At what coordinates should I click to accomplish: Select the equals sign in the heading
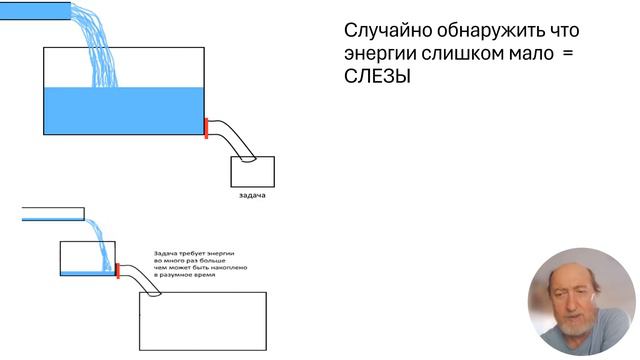568,55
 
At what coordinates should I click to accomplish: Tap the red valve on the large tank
206,128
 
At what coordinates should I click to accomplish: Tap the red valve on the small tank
118,270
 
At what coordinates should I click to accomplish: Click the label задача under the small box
252,195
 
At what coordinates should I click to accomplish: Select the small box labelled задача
252,172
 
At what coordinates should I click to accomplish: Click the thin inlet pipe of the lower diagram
52,212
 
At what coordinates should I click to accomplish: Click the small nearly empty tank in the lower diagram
87,258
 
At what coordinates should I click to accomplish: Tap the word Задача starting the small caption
166,253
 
